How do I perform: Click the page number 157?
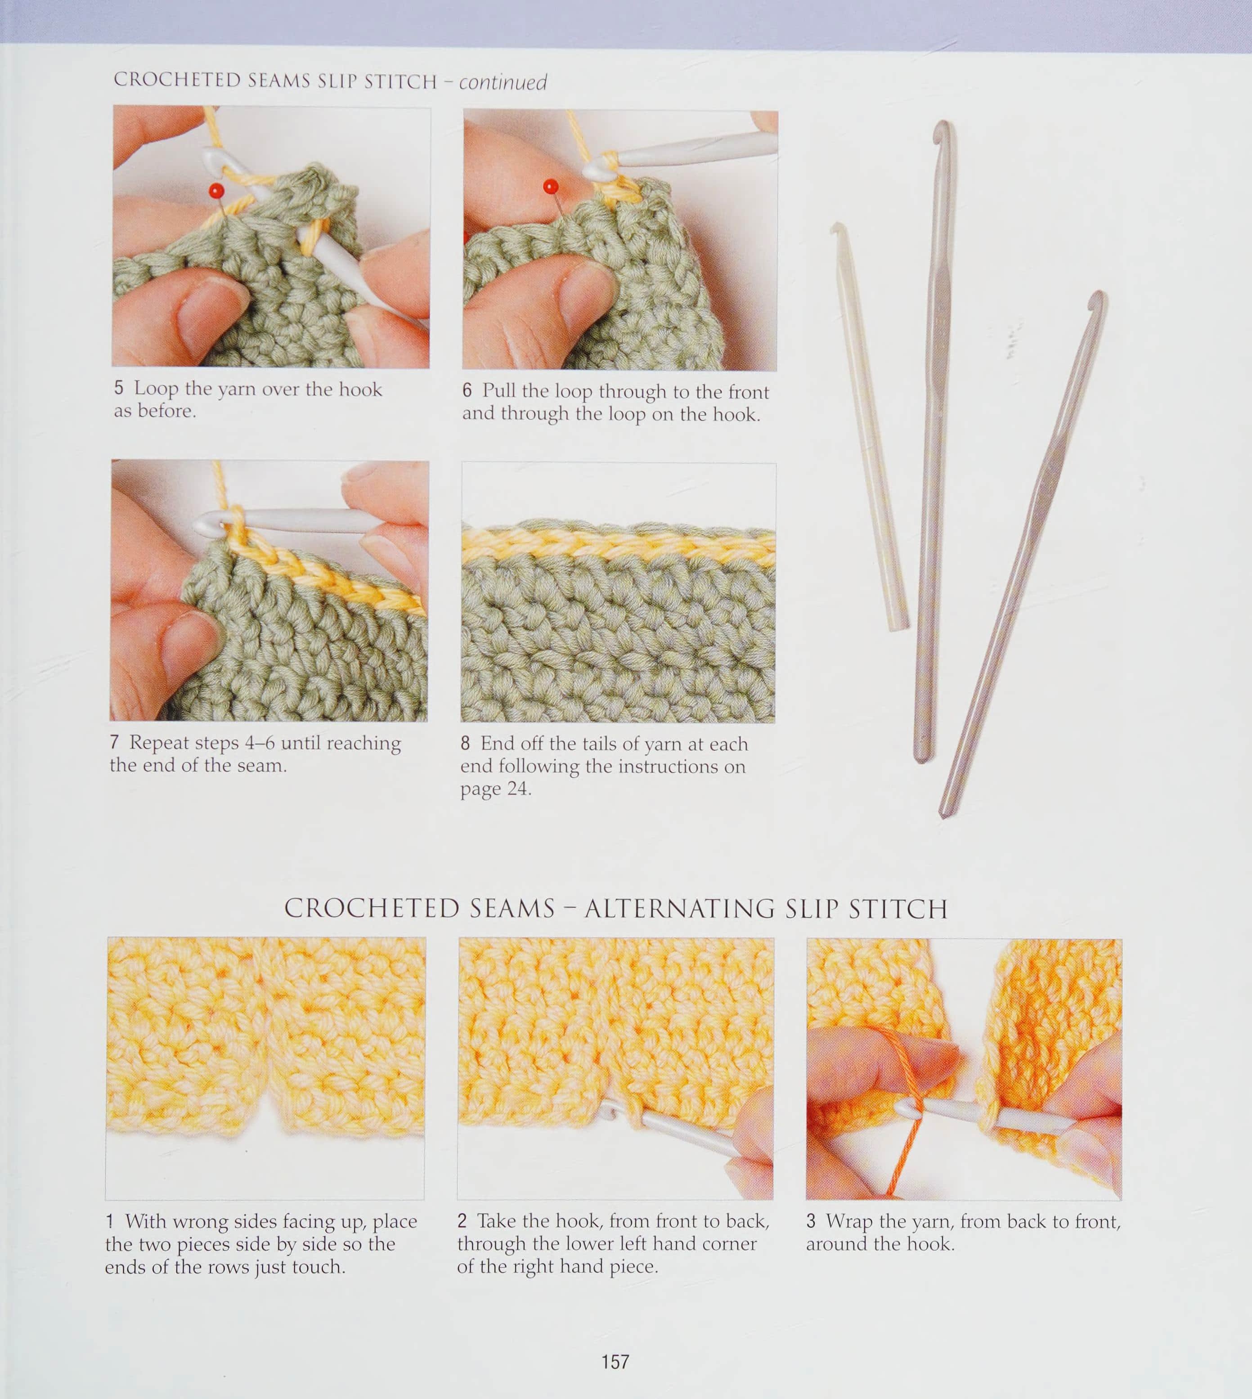tap(615, 1362)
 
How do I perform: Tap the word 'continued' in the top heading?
tap(503, 82)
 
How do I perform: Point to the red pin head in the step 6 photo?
tap(550, 186)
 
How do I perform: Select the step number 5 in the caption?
tap(119, 388)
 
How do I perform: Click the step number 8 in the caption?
tap(466, 744)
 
